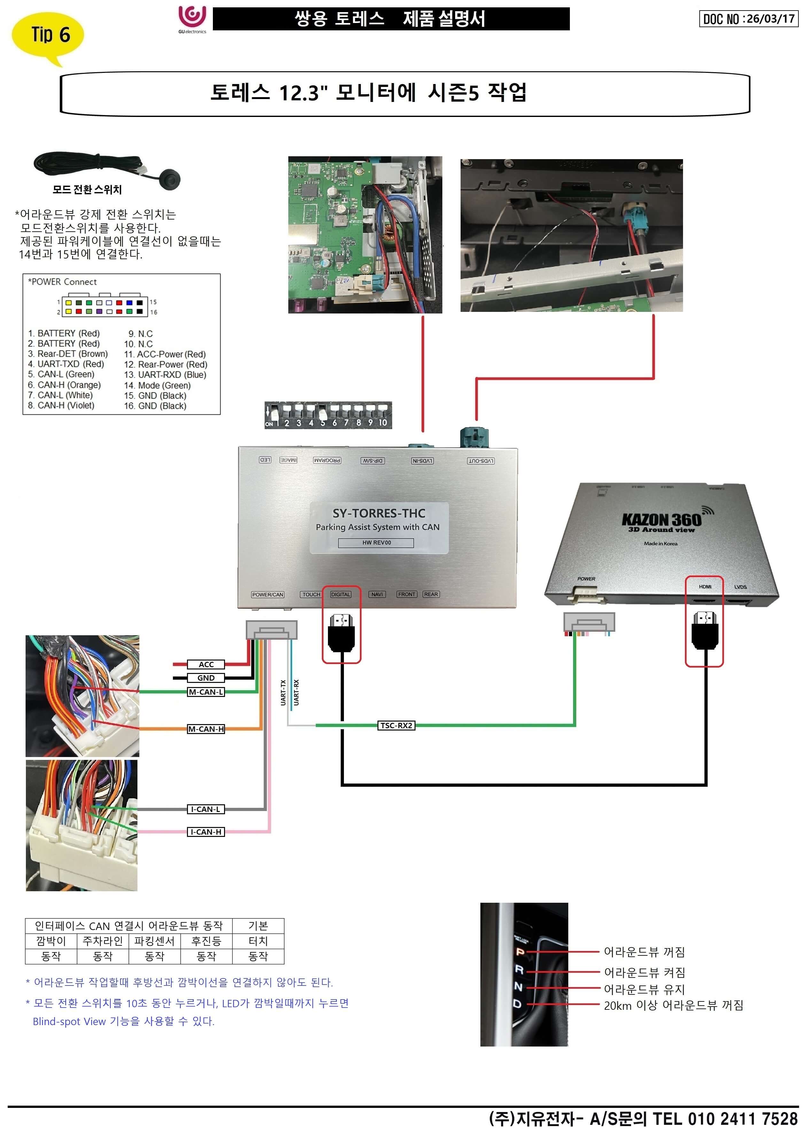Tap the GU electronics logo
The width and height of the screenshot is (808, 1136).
tap(192, 19)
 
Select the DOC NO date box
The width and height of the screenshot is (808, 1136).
tap(748, 19)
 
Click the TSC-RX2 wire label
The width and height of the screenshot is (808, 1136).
tap(396, 726)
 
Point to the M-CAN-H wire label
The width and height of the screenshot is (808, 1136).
tap(206, 729)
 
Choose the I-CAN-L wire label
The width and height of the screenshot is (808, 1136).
tap(206, 809)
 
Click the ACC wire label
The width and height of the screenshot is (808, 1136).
tap(206, 664)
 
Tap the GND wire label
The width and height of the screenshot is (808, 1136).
tap(206, 678)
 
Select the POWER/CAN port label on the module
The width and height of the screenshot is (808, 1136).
tap(268, 594)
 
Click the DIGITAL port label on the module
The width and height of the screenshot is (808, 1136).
tap(341, 594)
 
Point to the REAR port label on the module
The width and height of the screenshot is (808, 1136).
tap(431, 594)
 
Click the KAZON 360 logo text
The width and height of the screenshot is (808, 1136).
tap(661, 520)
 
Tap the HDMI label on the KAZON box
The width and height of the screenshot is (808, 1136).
tap(705, 587)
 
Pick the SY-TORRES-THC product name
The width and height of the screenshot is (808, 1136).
tap(379, 513)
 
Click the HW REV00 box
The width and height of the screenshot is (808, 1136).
tap(376, 543)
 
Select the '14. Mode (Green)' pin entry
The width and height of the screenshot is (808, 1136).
tap(157, 385)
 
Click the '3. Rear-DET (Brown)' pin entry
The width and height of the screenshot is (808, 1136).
tap(68, 354)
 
